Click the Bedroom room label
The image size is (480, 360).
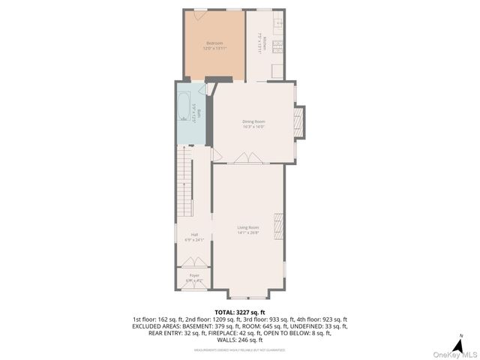coord(214,43)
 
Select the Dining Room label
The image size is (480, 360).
coord(253,121)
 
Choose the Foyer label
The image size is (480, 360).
coord(194,276)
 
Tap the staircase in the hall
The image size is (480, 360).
coord(183,180)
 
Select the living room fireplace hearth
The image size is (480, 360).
coord(279,225)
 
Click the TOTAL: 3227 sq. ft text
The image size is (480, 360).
coord(239,311)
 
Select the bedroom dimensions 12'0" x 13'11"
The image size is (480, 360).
coord(214,48)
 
